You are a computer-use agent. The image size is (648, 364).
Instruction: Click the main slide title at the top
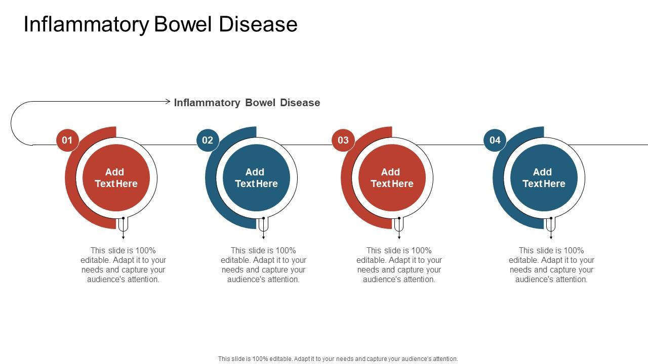tap(160, 24)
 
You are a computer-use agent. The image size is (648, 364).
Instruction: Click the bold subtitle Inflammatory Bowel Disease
tap(247, 103)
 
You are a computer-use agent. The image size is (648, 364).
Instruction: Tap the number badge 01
tap(67, 140)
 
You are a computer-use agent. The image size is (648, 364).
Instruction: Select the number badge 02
tap(208, 140)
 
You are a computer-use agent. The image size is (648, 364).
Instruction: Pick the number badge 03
tap(343, 140)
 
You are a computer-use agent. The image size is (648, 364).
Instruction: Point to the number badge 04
tap(495, 140)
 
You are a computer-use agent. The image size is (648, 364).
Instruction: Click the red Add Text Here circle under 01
tap(116, 178)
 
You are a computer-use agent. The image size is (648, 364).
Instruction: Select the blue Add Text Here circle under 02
tap(257, 178)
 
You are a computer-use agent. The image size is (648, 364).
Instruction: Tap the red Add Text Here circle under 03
tap(392, 178)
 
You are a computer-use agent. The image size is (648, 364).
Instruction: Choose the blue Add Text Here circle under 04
tap(544, 178)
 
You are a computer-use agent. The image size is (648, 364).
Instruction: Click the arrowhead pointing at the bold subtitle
tap(168, 102)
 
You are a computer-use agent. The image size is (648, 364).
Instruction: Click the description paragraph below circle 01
tap(124, 265)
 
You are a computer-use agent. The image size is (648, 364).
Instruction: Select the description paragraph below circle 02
tap(264, 265)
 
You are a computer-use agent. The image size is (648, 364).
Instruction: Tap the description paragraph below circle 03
tap(399, 265)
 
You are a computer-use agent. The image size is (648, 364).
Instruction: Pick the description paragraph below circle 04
tap(551, 265)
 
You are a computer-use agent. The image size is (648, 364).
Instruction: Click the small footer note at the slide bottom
tap(338, 358)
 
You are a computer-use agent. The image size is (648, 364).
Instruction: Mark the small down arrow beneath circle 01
tap(124, 235)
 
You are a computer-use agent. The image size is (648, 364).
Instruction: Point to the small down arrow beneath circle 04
tap(551, 235)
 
